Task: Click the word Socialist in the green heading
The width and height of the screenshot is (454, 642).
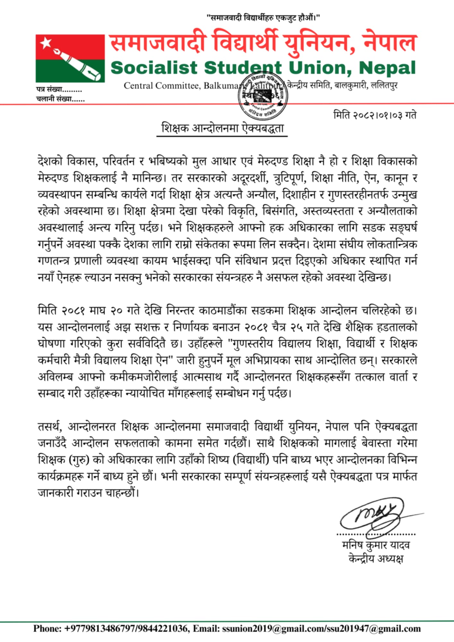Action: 154,68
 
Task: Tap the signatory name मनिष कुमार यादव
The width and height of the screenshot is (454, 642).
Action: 376,545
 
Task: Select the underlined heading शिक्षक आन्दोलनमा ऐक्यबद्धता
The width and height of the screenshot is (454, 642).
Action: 222,128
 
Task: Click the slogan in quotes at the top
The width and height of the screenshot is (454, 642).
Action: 263,18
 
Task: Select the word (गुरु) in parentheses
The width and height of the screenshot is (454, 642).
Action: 79,460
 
